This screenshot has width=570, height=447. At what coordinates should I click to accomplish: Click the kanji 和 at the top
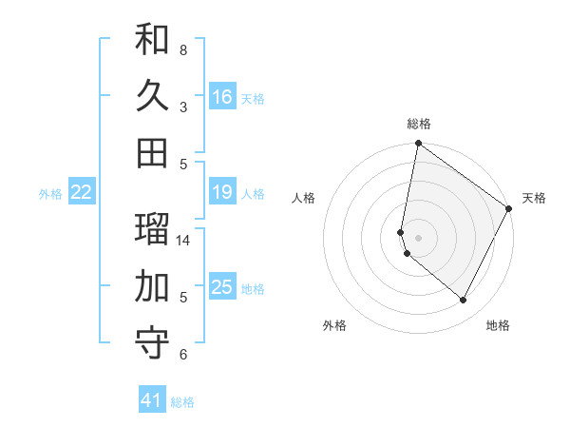(152, 39)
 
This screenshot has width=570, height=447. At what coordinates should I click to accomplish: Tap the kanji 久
(152, 96)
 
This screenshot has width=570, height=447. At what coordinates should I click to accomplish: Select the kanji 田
(152, 153)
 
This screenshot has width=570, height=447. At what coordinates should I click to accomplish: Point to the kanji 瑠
(152, 228)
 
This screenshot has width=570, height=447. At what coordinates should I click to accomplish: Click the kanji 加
(152, 285)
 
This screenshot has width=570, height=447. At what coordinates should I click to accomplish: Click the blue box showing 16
(222, 96)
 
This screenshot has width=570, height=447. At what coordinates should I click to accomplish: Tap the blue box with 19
(222, 192)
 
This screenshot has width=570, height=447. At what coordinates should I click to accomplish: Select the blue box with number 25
(222, 286)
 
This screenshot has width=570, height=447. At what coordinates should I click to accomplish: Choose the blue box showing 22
(82, 192)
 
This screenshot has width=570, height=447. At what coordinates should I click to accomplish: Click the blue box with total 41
(152, 400)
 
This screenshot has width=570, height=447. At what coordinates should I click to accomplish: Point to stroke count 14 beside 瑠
(183, 240)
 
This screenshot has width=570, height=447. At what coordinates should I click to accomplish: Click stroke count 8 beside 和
(183, 49)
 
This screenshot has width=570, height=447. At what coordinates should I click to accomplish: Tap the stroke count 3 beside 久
(183, 107)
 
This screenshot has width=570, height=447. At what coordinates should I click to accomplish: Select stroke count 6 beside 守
(183, 355)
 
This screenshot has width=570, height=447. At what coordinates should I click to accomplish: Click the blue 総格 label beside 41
(182, 402)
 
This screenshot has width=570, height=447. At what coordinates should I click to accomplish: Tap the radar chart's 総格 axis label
(419, 124)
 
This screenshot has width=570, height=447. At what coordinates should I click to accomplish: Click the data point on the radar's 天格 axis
(510, 209)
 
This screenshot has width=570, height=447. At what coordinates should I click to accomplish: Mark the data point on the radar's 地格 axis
(464, 301)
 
